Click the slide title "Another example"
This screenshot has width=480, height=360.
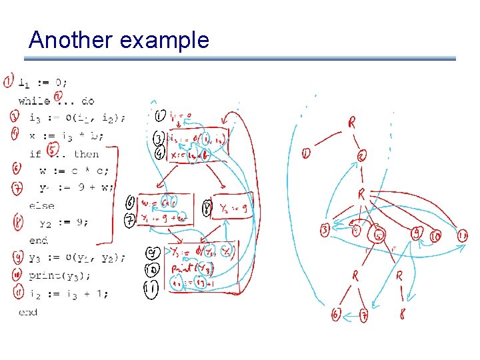point(119,40)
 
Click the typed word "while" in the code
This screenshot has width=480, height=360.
point(33,101)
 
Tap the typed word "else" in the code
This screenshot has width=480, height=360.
point(41,206)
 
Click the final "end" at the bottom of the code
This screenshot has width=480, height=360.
point(28,311)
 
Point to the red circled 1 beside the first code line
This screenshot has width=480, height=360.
point(8,83)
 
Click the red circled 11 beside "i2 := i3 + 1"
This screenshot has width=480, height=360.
point(16,293)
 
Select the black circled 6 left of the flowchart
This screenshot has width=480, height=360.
point(133,201)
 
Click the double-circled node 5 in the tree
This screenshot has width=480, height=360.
point(379,235)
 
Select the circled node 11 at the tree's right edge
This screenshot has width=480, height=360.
point(463,234)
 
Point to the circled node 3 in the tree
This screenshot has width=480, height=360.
point(325,230)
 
